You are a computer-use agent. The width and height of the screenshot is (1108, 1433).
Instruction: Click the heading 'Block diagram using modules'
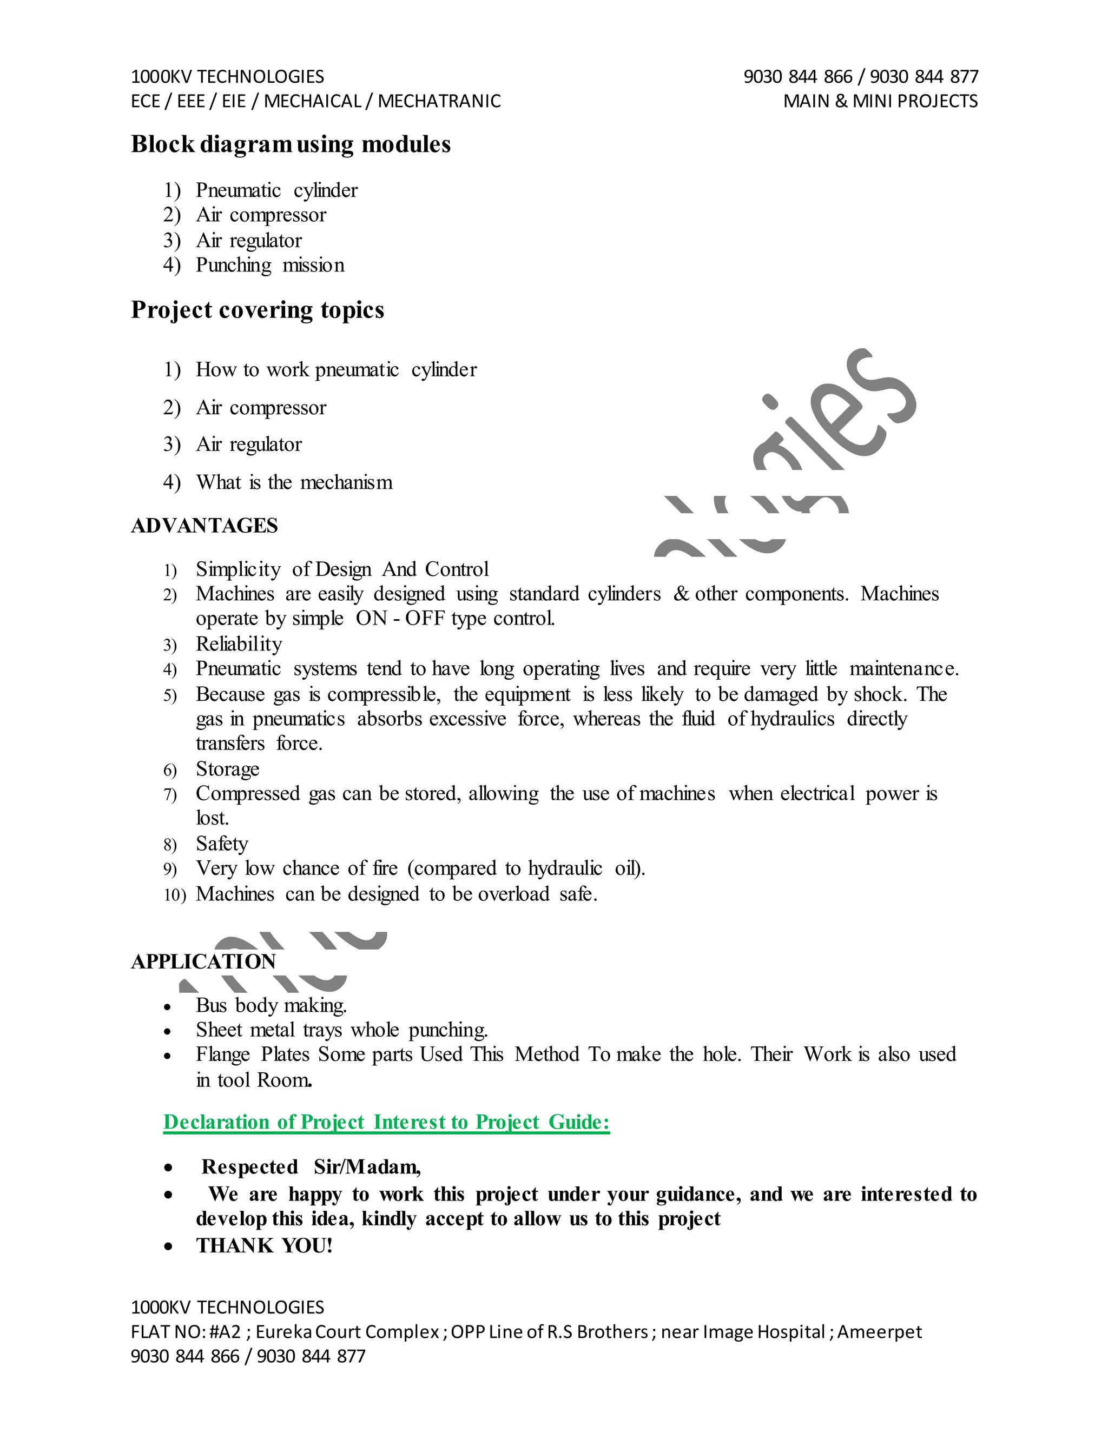point(291,144)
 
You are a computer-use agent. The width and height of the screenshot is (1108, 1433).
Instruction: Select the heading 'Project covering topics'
point(258,310)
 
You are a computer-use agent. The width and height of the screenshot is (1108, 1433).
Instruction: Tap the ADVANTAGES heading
point(204,526)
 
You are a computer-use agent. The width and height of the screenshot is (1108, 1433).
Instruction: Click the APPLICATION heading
point(203,961)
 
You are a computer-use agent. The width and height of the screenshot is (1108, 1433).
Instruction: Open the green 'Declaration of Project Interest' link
point(387,1122)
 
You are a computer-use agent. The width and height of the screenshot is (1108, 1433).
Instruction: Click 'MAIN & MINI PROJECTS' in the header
point(880,101)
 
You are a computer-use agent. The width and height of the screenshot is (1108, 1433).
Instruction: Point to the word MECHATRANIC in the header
point(439,101)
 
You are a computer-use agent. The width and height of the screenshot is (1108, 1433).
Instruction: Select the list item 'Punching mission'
point(270,265)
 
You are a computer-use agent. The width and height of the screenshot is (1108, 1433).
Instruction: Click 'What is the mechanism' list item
point(294,482)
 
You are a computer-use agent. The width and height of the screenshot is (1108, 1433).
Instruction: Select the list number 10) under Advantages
point(175,894)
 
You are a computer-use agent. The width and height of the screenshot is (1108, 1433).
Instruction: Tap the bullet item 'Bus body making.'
point(271,1005)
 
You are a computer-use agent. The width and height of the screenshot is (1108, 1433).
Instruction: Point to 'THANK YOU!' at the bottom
point(264,1245)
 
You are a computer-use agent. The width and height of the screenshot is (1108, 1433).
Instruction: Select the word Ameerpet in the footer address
point(880,1332)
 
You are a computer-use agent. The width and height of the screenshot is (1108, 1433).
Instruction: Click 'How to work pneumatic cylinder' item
point(336,369)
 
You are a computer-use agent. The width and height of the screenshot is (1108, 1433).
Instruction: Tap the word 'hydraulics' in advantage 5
point(792,719)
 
